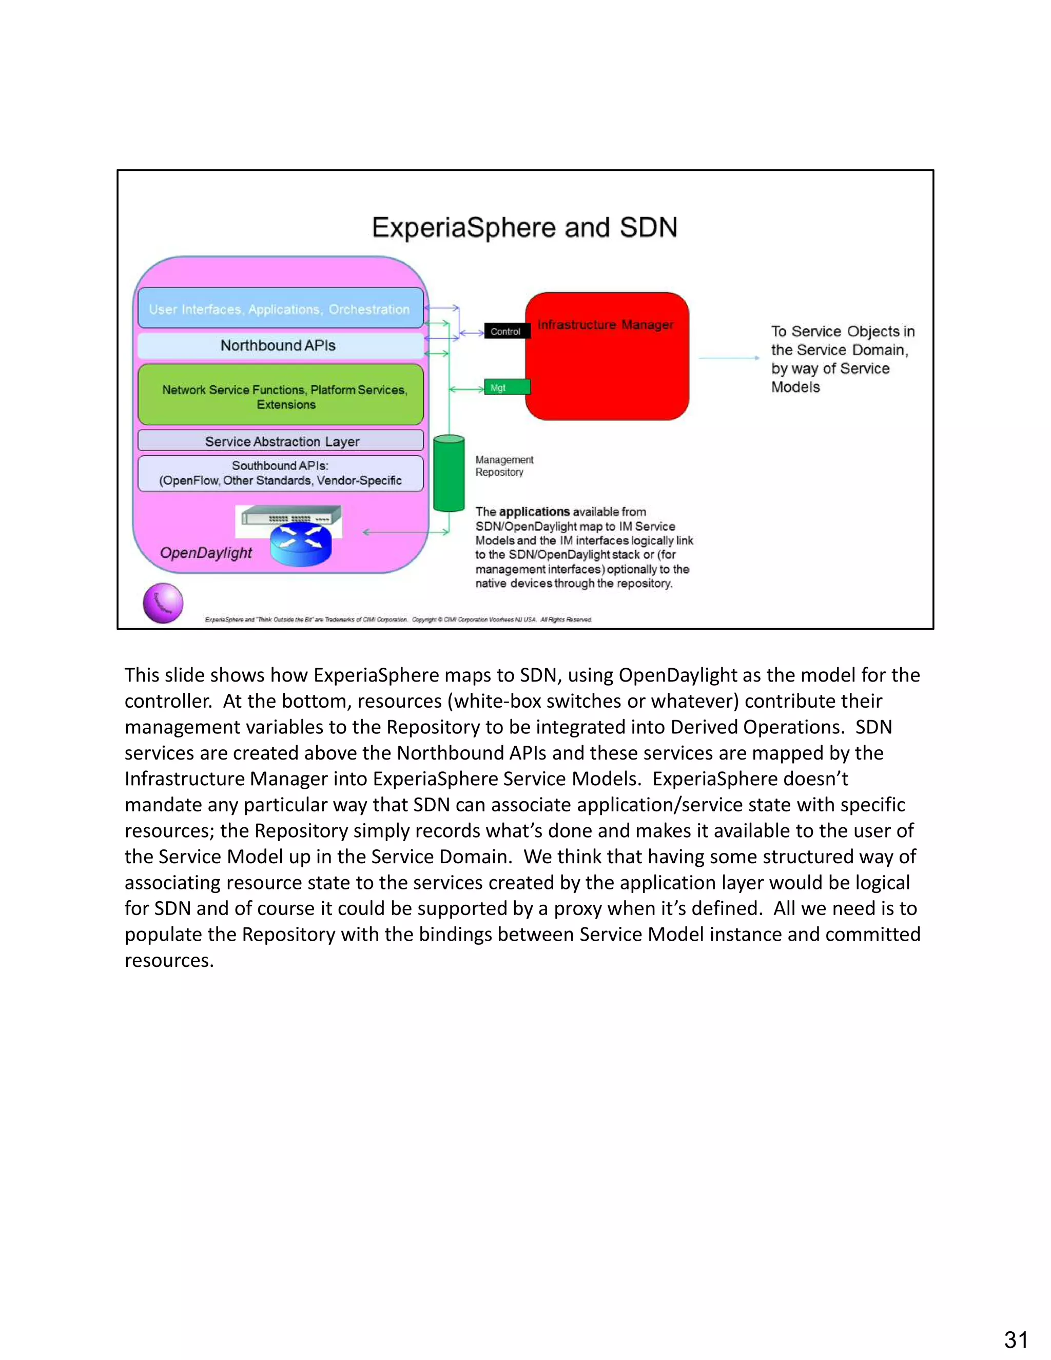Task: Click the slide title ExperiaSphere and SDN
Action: pos(524,227)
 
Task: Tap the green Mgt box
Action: pos(507,387)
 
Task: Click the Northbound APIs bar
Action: pos(279,345)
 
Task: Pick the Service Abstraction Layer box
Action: pos(281,441)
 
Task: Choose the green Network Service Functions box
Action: pos(281,396)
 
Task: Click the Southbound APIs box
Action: pos(280,473)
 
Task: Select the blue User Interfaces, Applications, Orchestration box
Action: pos(280,309)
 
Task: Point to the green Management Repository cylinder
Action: pos(449,473)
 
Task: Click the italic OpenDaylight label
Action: pos(206,552)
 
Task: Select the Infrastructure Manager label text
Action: pos(605,324)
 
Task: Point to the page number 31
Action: pos(1016,1339)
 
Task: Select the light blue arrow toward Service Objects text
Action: pos(729,358)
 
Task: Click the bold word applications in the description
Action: pos(534,512)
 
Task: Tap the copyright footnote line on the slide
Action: pos(398,619)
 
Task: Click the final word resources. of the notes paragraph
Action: pos(169,960)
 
